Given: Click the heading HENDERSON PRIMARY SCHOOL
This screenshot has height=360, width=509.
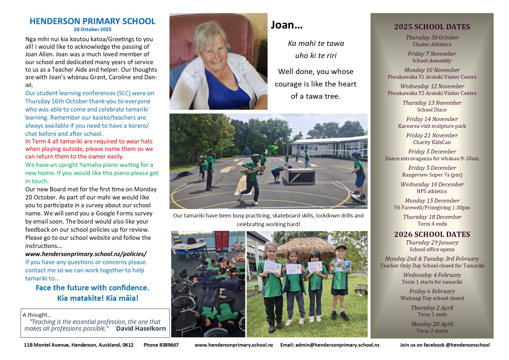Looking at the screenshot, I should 92,21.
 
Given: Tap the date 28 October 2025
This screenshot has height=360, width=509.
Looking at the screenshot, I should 92,29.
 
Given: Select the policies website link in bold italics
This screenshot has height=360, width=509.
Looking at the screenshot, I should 86,254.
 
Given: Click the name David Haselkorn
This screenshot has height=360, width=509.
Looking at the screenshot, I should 141,329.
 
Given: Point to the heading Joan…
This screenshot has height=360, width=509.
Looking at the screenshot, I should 286,25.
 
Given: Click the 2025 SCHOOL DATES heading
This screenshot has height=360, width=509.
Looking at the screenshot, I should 432,27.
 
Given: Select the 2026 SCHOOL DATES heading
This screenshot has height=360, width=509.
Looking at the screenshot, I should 432,234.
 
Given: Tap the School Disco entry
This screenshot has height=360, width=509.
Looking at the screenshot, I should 432,110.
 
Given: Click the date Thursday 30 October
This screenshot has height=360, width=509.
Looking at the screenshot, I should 432,37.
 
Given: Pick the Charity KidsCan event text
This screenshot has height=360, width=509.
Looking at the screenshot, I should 432,142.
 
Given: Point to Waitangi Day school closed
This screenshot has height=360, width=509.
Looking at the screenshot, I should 432,298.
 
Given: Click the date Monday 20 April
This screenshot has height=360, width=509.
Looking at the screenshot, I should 432,324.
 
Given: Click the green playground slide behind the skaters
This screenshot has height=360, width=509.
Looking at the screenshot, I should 274,150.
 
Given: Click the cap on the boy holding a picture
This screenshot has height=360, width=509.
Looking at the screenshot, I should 340,247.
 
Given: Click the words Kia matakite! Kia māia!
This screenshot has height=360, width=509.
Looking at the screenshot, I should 98,298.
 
